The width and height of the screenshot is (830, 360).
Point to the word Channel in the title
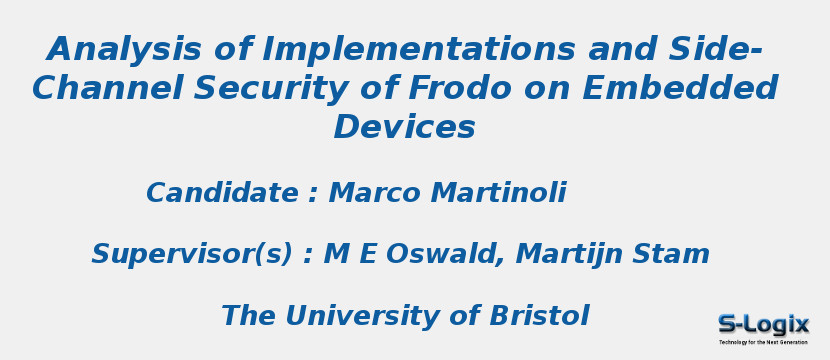coord(107,88)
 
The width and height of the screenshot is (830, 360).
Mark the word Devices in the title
coord(404,127)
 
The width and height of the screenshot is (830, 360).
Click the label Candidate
coord(222,193)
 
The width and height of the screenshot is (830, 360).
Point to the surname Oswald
coord(441,254)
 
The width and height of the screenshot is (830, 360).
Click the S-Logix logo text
coord(763,324)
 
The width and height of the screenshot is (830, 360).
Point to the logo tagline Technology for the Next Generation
coord(763,342)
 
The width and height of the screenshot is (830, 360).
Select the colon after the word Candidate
coord(313,195)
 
